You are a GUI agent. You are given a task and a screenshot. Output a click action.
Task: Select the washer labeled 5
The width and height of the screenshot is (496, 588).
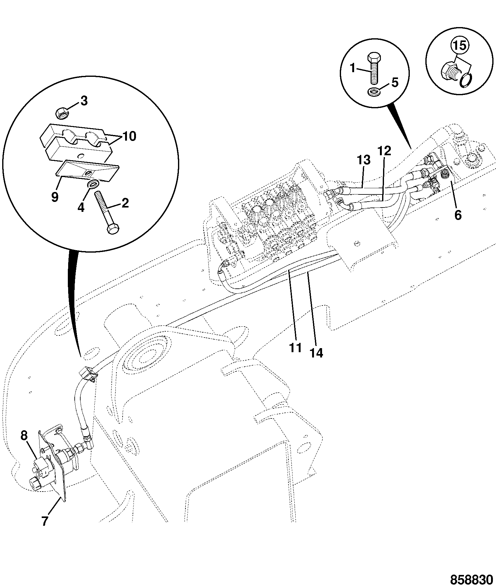click(372, 92)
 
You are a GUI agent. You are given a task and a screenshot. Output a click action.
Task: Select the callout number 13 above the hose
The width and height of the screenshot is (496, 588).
click(364, 160)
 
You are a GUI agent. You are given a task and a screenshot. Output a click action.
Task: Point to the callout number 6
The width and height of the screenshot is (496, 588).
click(458, 215)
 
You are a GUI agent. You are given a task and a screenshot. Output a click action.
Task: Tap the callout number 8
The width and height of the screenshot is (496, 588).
click(24, 436)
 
